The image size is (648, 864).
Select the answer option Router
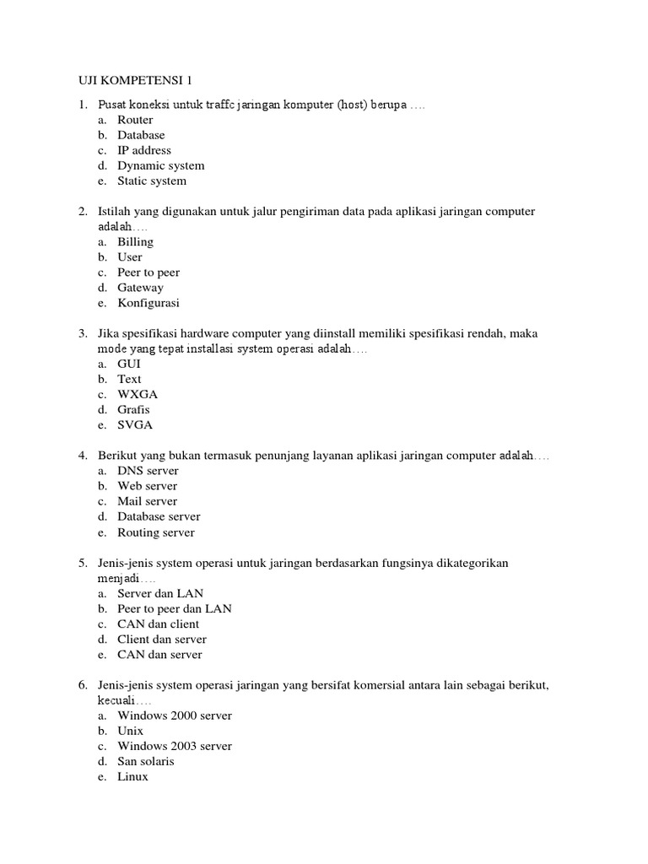click(x=135, y=120)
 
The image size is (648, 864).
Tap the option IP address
click(x=143, y=150)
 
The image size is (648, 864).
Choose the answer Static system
click(x=152, y=181)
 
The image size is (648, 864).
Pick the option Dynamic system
click(x=160, y=165)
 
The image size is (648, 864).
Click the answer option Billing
click(x=135, y=242)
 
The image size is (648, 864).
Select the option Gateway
click(x=140, y=288)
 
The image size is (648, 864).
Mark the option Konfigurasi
click(x=148, y=303)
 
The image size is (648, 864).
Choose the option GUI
click(x=129, y=364)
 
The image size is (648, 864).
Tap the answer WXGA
click(x=138, y=394)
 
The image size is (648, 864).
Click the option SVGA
click(x=135, y=425)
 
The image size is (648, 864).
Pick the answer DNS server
click(x=148, y=471)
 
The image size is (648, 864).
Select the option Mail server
click(x=147, y=501)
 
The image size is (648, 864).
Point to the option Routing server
click(x=155, y=532)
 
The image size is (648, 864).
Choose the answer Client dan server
click(x=162, y=640)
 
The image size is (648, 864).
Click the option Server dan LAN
click(x=160, y=593)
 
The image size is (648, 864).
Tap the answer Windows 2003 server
click(x=175, y=746)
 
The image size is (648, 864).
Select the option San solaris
click(x=145, y=761)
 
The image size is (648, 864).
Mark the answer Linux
click(x=132, y=776)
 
